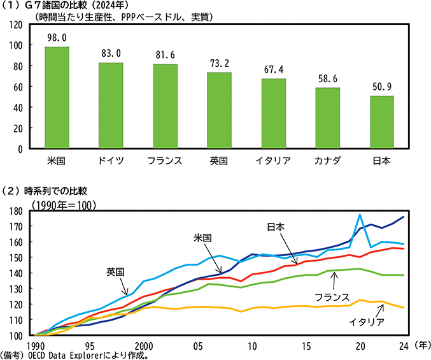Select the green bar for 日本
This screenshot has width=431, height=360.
point(382,122)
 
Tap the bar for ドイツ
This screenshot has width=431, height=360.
point(111,106)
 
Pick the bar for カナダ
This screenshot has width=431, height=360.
point(328,119)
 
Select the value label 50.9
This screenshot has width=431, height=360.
point(382,86)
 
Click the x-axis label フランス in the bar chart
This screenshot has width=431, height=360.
point(165,161)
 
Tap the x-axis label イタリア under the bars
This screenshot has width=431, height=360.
point(274,161)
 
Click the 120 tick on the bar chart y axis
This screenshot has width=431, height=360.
point(16,25)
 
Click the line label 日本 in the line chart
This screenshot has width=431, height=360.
point(276,226)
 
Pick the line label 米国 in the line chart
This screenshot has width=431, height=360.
point(203,237)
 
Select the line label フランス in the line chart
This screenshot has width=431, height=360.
point(332,297)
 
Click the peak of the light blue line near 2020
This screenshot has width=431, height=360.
point(360,215)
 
